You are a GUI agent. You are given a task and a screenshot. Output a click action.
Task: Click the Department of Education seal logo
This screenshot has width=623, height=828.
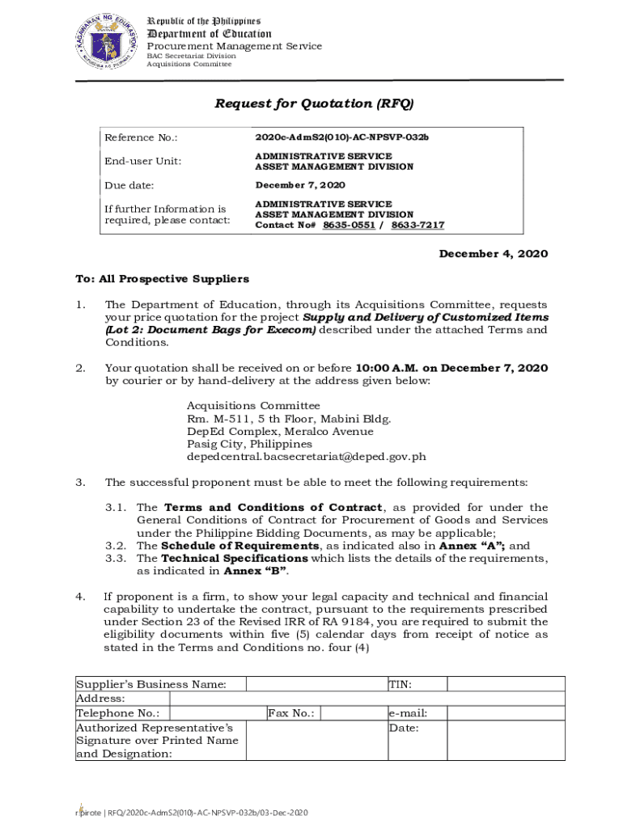105,43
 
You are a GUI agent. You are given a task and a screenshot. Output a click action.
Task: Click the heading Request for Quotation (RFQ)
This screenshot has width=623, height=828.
313,103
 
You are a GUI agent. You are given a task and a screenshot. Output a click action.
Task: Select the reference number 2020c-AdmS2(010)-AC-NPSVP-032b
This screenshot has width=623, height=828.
341,137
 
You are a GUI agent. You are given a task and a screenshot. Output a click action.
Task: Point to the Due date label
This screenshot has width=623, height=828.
129,185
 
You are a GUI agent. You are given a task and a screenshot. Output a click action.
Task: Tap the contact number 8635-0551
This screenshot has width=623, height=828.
349,226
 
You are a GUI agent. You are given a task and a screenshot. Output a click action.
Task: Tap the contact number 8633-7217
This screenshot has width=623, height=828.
417,226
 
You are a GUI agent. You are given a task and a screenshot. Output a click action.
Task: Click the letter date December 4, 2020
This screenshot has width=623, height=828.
493,254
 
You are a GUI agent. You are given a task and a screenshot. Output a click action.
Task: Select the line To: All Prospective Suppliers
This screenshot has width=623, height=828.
163,279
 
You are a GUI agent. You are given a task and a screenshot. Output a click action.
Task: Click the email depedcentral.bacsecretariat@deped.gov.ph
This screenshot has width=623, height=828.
306,457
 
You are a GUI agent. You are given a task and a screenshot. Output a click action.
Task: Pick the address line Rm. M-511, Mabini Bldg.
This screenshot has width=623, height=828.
289,419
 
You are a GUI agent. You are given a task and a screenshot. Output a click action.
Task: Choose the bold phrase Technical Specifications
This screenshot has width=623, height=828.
235,559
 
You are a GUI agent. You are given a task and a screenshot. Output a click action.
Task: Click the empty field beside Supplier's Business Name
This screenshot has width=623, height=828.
316,684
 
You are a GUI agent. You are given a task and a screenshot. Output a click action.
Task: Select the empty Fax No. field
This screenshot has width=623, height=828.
351,713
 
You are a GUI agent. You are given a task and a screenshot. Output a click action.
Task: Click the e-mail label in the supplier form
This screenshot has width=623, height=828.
408,713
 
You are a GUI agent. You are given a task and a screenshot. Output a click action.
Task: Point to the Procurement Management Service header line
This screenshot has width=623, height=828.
234,47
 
